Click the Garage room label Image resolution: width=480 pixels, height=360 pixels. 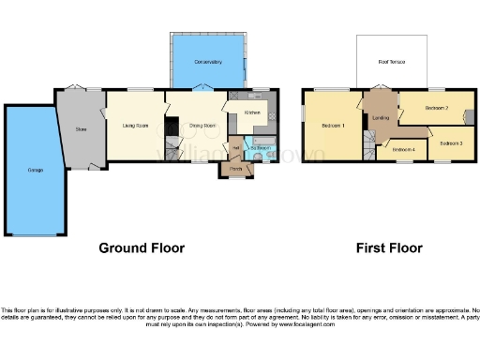pos(34,171)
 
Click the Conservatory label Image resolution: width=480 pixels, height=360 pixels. pos(207,62)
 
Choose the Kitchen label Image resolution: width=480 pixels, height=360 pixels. pos(251,112)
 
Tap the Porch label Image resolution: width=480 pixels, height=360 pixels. pos(234,169)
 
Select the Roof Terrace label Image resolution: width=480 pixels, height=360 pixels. pos(391,63)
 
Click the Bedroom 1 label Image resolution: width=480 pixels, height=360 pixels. pos(333,125)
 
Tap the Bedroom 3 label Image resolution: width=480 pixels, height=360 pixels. pos(451,142)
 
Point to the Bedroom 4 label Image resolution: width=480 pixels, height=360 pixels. pos(403,150)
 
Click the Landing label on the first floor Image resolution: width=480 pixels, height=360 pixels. pos(380,117)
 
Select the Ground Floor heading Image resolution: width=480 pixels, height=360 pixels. pos(142,248)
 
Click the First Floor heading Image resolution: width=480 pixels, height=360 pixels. pos(388,248)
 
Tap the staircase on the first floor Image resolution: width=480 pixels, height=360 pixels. pos(370,143)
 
